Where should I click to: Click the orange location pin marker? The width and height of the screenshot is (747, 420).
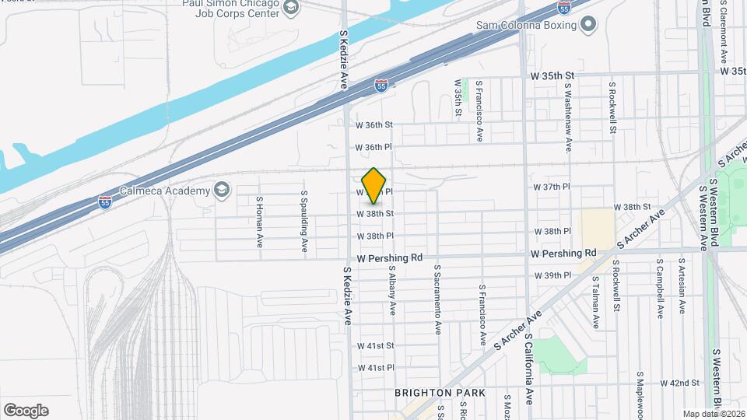pos(374,185)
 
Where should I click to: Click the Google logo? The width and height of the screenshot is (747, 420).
pos(26,410)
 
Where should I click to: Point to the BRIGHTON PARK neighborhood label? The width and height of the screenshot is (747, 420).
pos(440,393)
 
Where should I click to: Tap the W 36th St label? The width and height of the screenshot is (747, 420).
pos(375,124)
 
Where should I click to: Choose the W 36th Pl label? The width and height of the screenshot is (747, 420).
pos(374,147)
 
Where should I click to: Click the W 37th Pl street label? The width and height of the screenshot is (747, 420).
pos(552,187)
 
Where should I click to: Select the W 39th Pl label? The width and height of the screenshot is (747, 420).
pos(552,276)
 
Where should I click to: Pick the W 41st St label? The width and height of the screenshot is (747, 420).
pos(376,345)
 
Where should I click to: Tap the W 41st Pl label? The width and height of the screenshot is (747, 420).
pos(376,367)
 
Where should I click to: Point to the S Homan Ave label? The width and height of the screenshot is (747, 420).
pos(260,216)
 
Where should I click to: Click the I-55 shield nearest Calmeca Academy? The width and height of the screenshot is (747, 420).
pos(105,202)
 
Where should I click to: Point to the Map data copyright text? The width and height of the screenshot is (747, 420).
pos(713,414)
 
